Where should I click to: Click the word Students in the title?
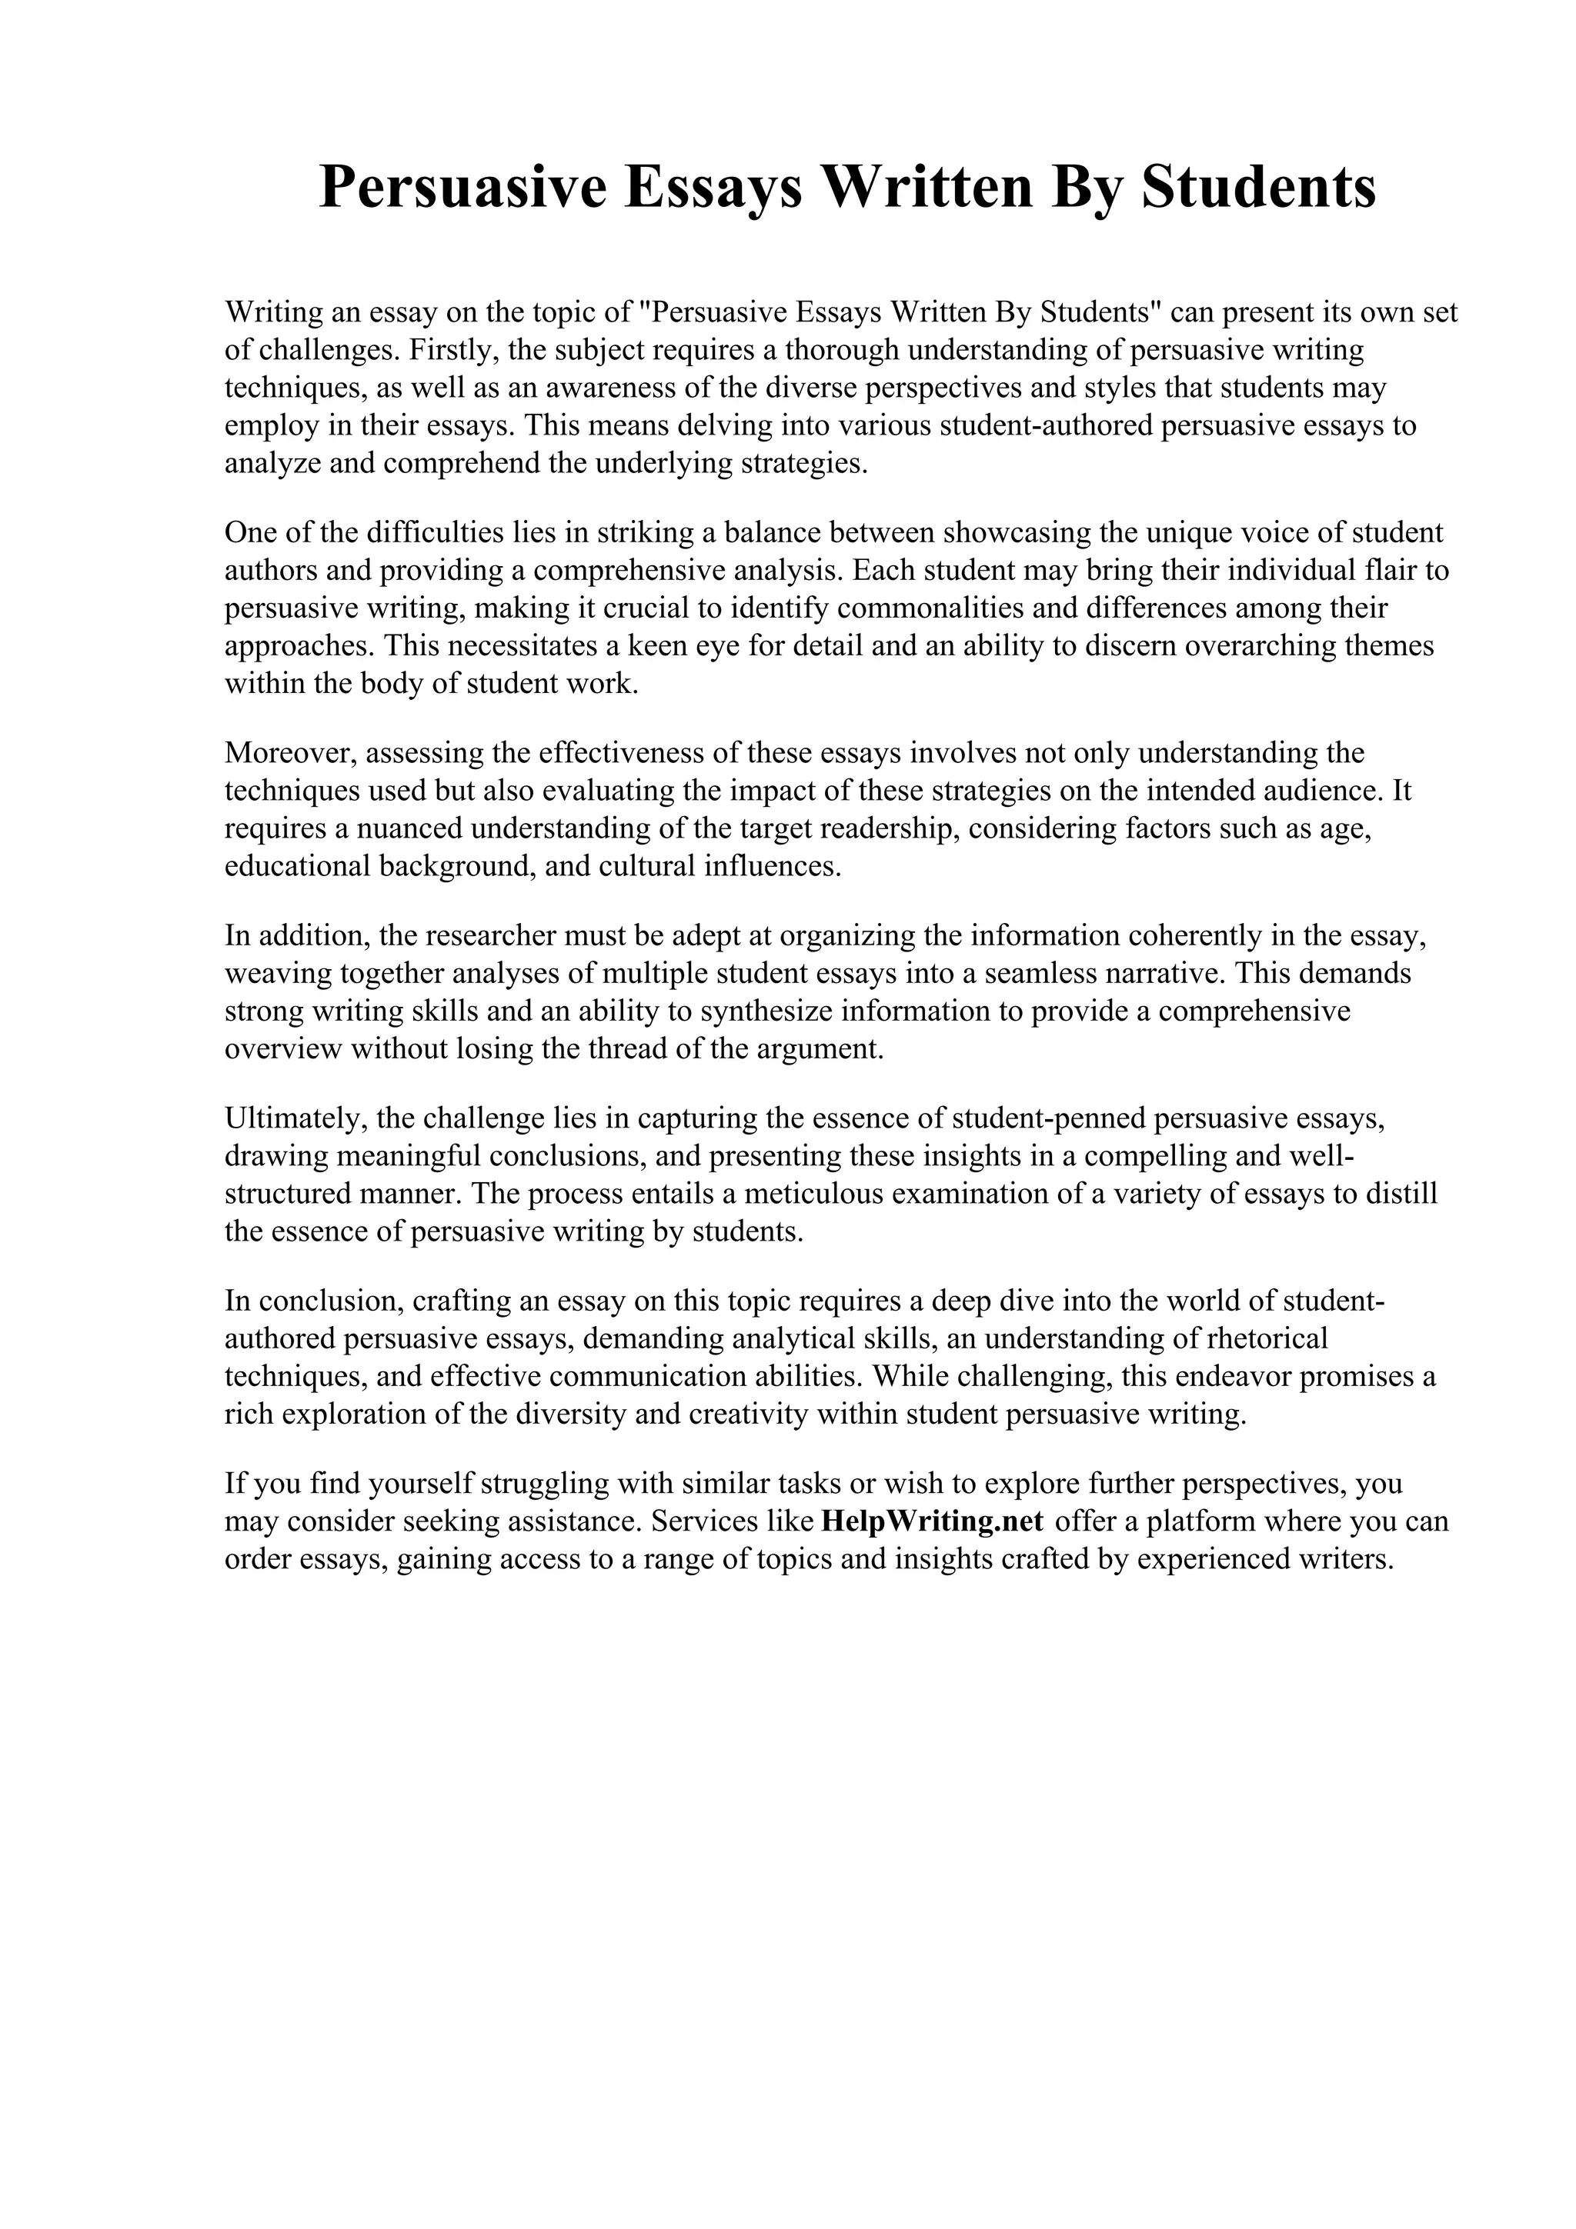(x=1257, y=188)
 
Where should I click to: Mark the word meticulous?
(x=809, y=1194)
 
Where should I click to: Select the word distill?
(x=1401, y=1194)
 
